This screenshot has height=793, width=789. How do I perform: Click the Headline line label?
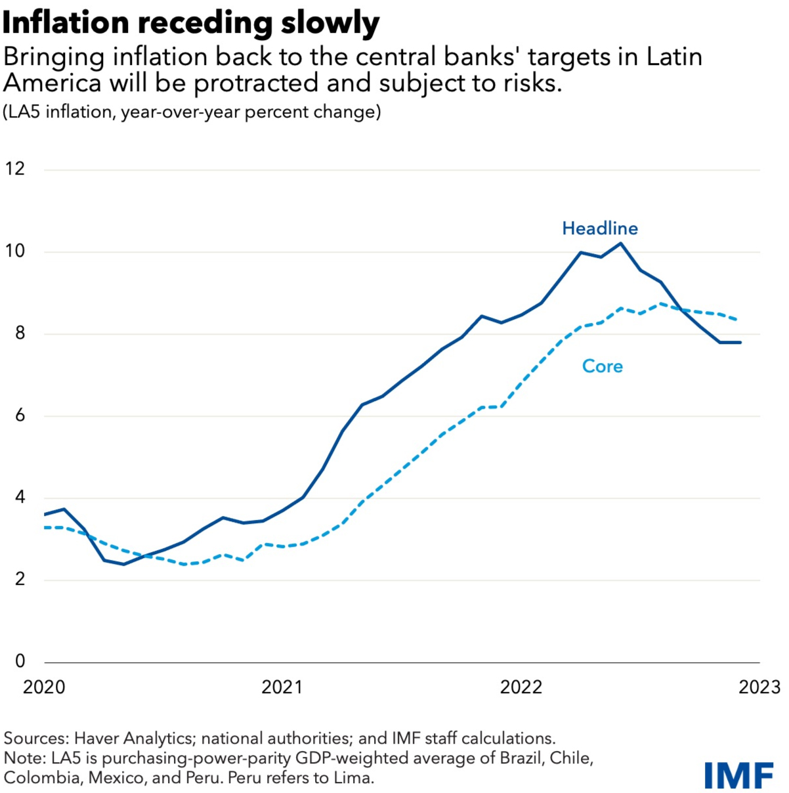[x=600, y=228]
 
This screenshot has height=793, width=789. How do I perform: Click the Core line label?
[x=602, y=366]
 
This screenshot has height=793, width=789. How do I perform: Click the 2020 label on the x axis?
[x=44, y=687]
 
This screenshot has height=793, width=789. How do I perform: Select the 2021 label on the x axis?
[x=282, y=687]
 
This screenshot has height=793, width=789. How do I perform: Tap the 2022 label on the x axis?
[x=521, y=687]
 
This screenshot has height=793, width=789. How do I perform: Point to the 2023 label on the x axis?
[x=759, y=687]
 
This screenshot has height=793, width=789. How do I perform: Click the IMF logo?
[x=739, y=775]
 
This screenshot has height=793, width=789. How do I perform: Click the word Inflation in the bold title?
[x=66, y=22]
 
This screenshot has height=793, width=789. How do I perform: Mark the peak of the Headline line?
[x=620, y=243]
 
